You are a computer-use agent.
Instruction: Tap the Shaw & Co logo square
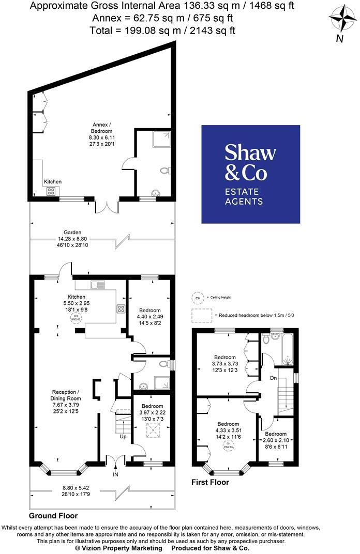pyautogui.click(x=250, y=174)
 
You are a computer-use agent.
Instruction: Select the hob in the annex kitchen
pyautogui.click(x=52, y=191)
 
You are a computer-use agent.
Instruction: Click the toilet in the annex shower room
pyautogui.click(x=164, y=171)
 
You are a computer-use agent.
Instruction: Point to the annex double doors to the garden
pyautogui.click(x=107, y=206)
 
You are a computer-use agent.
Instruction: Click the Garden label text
pyautogui.click(x=72, y=233)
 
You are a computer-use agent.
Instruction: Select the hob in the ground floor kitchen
pyautogui.click(x=121, y=309)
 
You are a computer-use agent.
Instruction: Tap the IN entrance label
pyautogui.click(x=116, y=473)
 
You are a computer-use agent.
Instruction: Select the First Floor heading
pyautogui.click(x=211, y=482)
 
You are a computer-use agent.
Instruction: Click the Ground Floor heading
pyautogui.click(x=53, y=515)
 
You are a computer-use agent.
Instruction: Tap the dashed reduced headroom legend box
pyautogui.click(x=202, y=315)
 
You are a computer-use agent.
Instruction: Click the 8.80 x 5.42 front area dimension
pyautogui.click(x=76, y=487)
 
